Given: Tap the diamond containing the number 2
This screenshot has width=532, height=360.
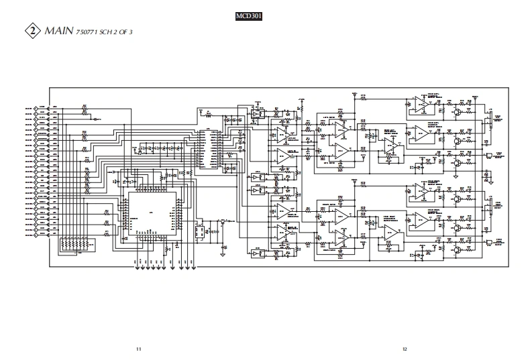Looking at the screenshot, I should tap(32, 31).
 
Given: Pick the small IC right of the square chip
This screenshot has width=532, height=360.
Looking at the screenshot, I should tap(199, 232).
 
